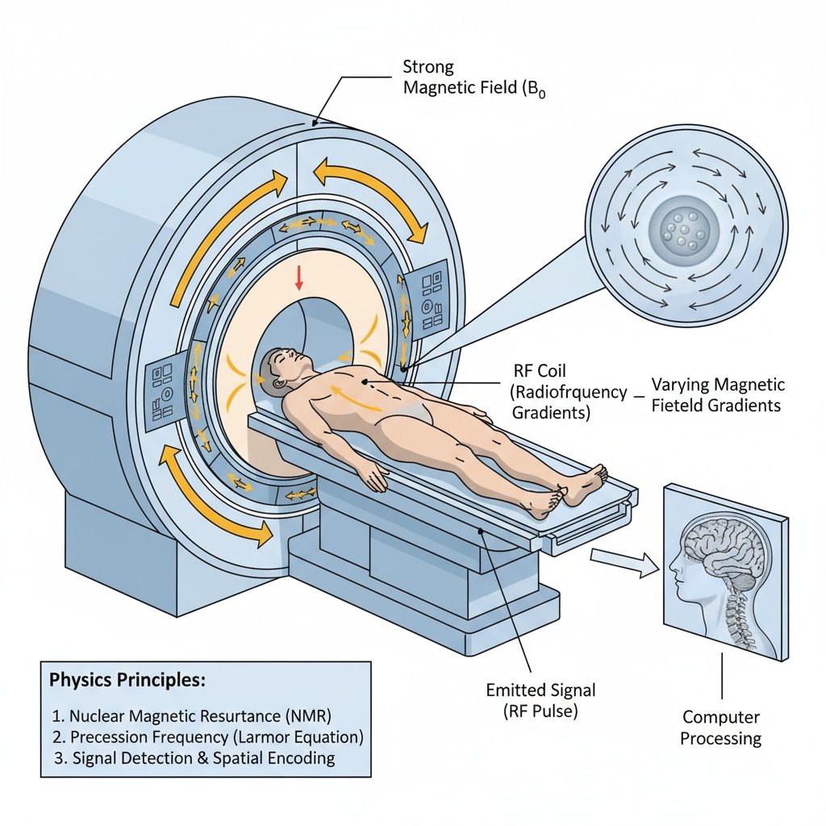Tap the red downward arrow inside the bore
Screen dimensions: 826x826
click(299, 277)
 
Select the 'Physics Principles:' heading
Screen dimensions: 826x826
click(127, 679)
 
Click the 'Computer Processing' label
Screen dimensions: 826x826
click(721, 728)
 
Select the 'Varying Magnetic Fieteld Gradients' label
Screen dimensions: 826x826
click(716, 394)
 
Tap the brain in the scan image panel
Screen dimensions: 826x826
click(721, 549)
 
